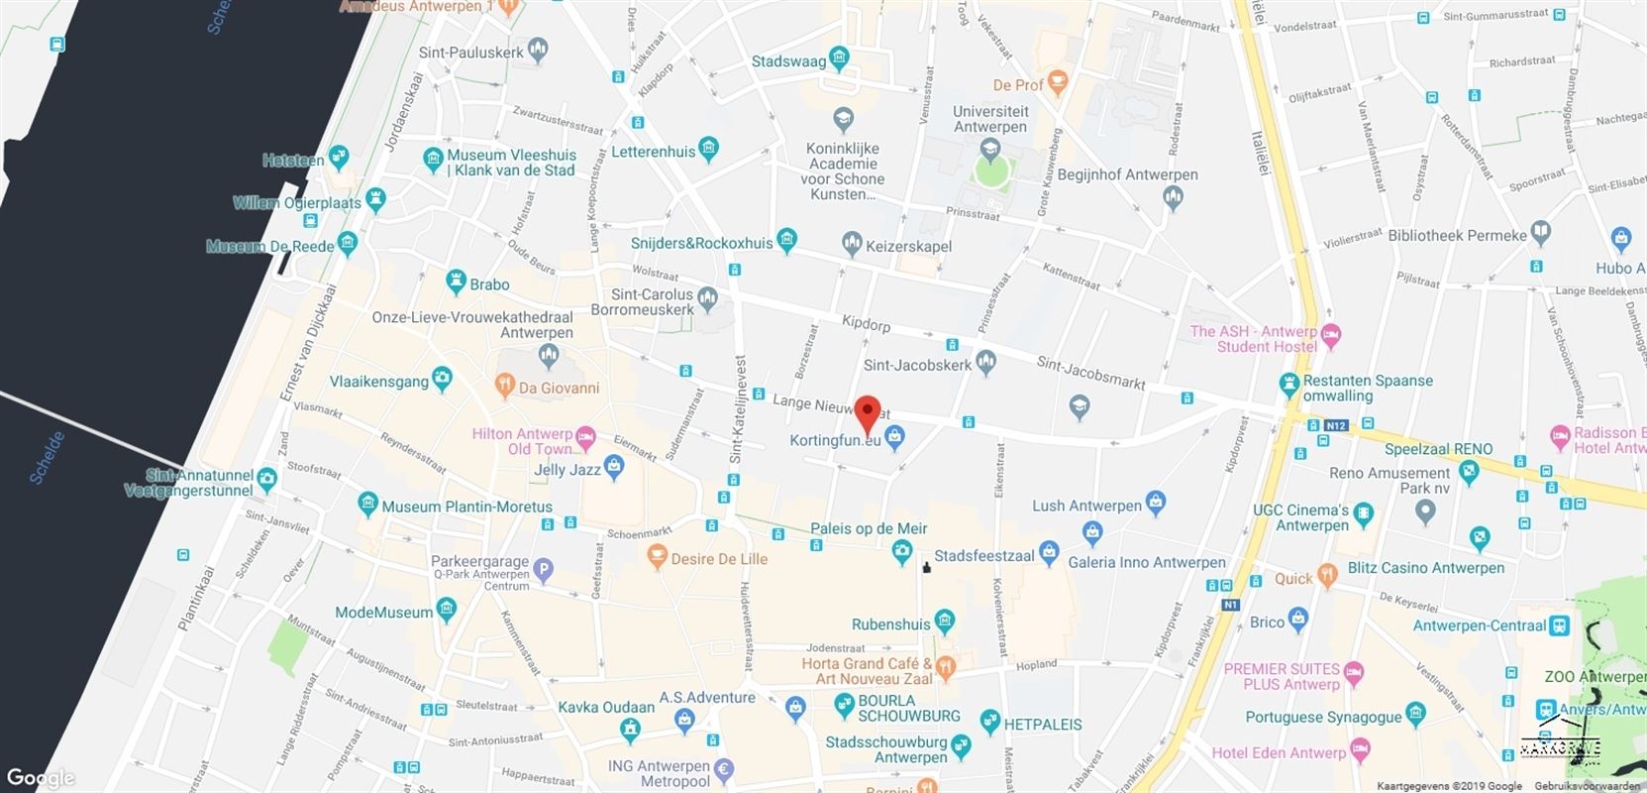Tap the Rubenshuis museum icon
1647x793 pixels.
[x=944, y=623]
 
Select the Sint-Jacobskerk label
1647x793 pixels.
[x=917, y=365]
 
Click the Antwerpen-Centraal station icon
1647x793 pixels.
[x=1560, y=625]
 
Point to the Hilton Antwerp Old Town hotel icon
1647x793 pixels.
[x=586, y=434]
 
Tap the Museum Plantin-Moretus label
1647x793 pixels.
[x=466, y=507]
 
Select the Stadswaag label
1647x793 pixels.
[x=788, y=61]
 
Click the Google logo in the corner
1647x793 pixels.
[x=40, y=778]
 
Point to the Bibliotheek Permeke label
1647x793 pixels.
[x=1457, y=235]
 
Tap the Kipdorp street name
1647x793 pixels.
[x=866, y=325]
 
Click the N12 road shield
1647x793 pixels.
[x=1334, y=425]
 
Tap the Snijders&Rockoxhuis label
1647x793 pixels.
[x=701, y=243]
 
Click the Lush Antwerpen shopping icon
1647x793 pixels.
[x=1155, y=502]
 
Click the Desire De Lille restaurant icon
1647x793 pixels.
[x=656, y=558]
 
